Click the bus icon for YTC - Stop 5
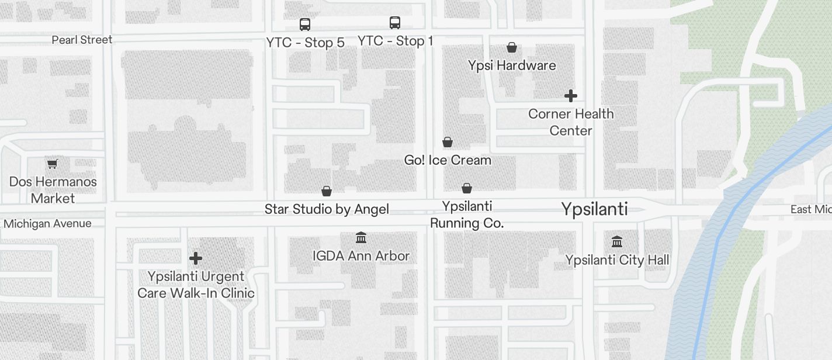305,25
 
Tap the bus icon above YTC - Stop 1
395,23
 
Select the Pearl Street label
82,40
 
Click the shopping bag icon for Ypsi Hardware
512,47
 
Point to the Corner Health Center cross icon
571,95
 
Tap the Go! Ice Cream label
448,160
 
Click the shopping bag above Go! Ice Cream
448,142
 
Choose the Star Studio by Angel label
327,209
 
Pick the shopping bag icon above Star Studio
327,191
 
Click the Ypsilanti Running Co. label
467,214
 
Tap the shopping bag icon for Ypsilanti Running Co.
467,188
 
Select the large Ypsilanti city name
594,209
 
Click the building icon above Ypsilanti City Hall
617,241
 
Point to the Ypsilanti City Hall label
617,260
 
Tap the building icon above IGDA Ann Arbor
361,238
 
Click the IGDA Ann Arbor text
361,256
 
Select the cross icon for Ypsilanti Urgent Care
196,258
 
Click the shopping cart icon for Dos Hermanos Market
53,164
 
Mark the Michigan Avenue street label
47,224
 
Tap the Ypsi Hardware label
512,65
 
